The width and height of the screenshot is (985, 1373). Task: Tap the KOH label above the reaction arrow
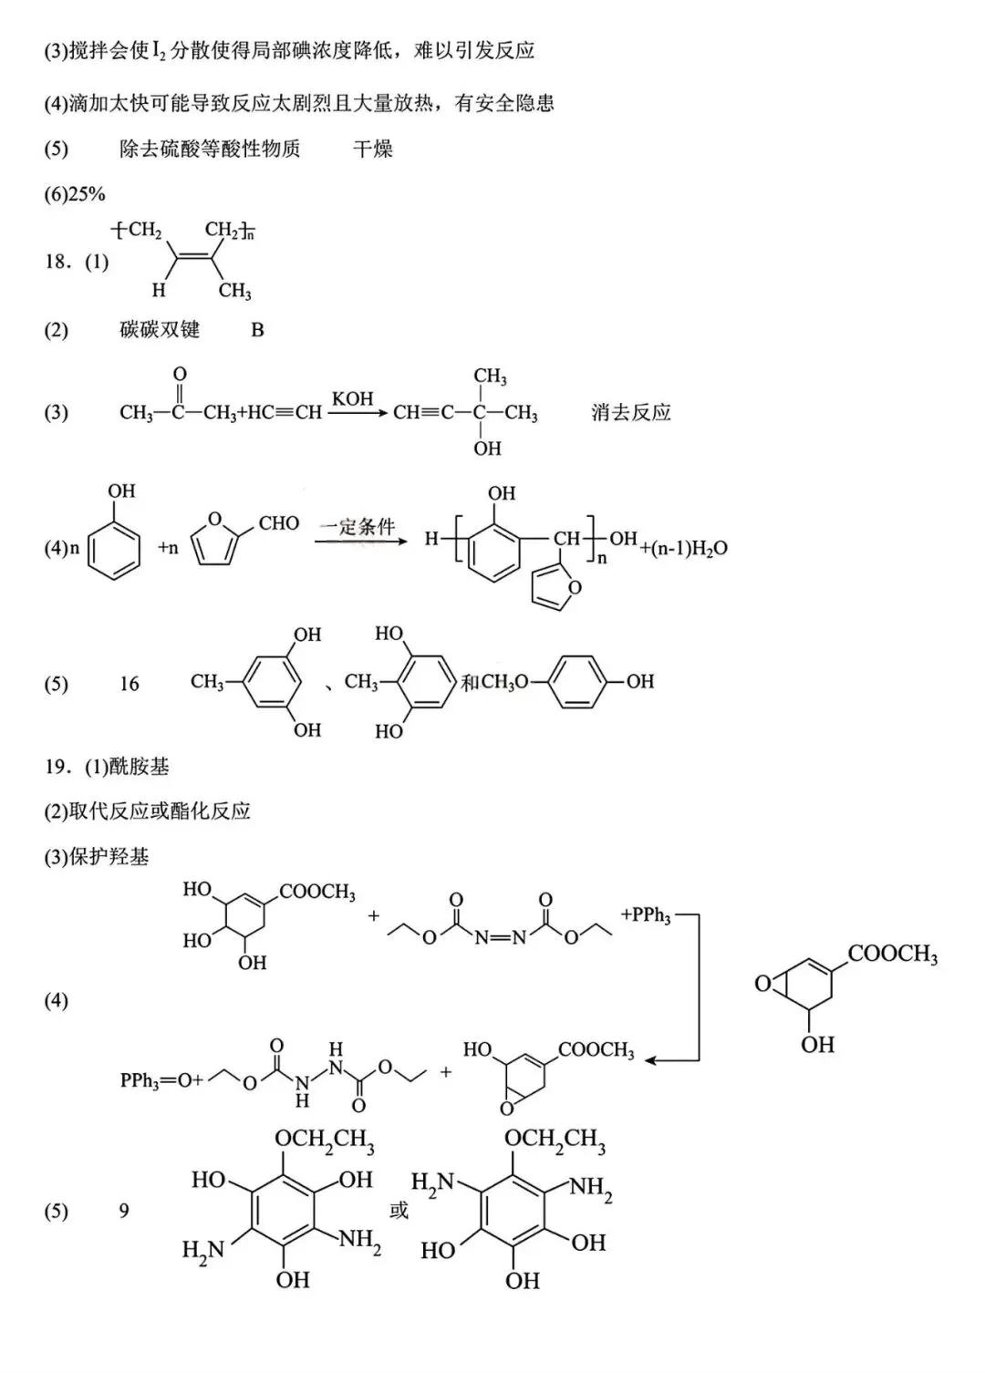point(352,398)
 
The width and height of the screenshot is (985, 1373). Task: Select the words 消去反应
point(630,412)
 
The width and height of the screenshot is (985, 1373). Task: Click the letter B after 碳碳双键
point(257,330)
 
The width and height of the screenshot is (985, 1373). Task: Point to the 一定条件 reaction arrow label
point(358,526)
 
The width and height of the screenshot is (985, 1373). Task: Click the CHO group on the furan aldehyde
point(278,523)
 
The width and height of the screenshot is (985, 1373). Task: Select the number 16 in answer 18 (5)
point(130,684)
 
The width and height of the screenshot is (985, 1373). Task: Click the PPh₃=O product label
point(149,1080)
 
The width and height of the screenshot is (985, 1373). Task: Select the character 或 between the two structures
point(399,1211)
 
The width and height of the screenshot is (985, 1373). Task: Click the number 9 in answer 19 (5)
point(124,1211)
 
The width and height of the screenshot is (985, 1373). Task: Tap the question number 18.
point(57,263)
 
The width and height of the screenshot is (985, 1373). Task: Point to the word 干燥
point(372,149)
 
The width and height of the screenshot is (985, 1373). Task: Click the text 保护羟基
point(109,857)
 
